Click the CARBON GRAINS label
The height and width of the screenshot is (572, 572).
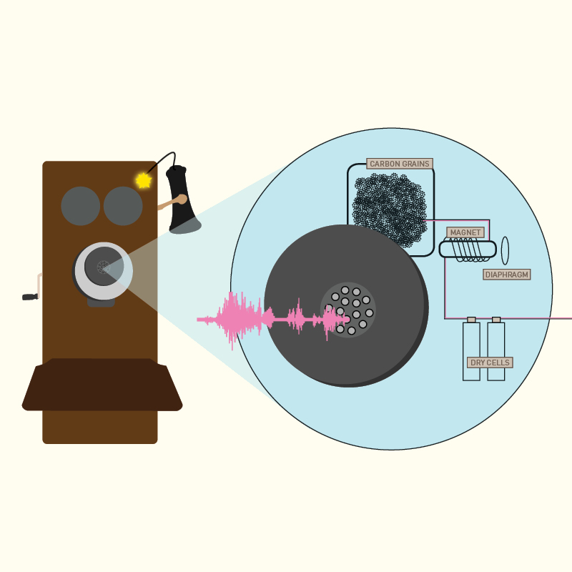click(400, 164)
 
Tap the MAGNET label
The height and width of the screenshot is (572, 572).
click(465, 232)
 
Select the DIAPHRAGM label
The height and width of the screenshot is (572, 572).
click(507, 275)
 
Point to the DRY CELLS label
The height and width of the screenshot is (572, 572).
click(490, 363)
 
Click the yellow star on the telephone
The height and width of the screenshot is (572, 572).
click(144, 181)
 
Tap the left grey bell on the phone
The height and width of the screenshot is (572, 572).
click(81, 206)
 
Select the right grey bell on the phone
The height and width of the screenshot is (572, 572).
click(123, 206)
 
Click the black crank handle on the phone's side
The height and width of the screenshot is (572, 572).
click(30, 297)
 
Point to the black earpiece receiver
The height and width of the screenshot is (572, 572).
click(182, 200)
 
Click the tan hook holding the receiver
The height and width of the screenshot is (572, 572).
click(173, 202)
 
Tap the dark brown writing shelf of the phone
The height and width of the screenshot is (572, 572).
click(102, 385)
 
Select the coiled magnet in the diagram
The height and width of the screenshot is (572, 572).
click(468, 250)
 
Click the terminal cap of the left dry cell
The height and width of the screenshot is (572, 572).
click(471, 320)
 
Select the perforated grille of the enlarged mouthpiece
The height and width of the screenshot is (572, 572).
click(348, 310)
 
